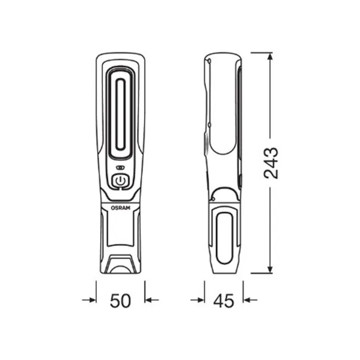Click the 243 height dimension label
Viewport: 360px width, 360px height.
[x=271, y=163]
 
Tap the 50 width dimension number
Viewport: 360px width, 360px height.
[x=120, y=301]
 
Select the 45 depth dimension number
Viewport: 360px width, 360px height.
[x=224, y=301]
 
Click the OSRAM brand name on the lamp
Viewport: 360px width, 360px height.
[x=120, y=208]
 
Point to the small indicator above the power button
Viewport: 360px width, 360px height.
[x=120, y=168]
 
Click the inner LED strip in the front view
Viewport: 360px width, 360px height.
[x=120, y=114]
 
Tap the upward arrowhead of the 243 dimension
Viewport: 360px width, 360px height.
[x=270, y=56]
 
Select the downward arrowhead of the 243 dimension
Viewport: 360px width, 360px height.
[x=270, y=269]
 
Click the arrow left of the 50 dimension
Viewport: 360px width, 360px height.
[x=89, y=300]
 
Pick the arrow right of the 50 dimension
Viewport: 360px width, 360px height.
[x=152, y=300]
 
